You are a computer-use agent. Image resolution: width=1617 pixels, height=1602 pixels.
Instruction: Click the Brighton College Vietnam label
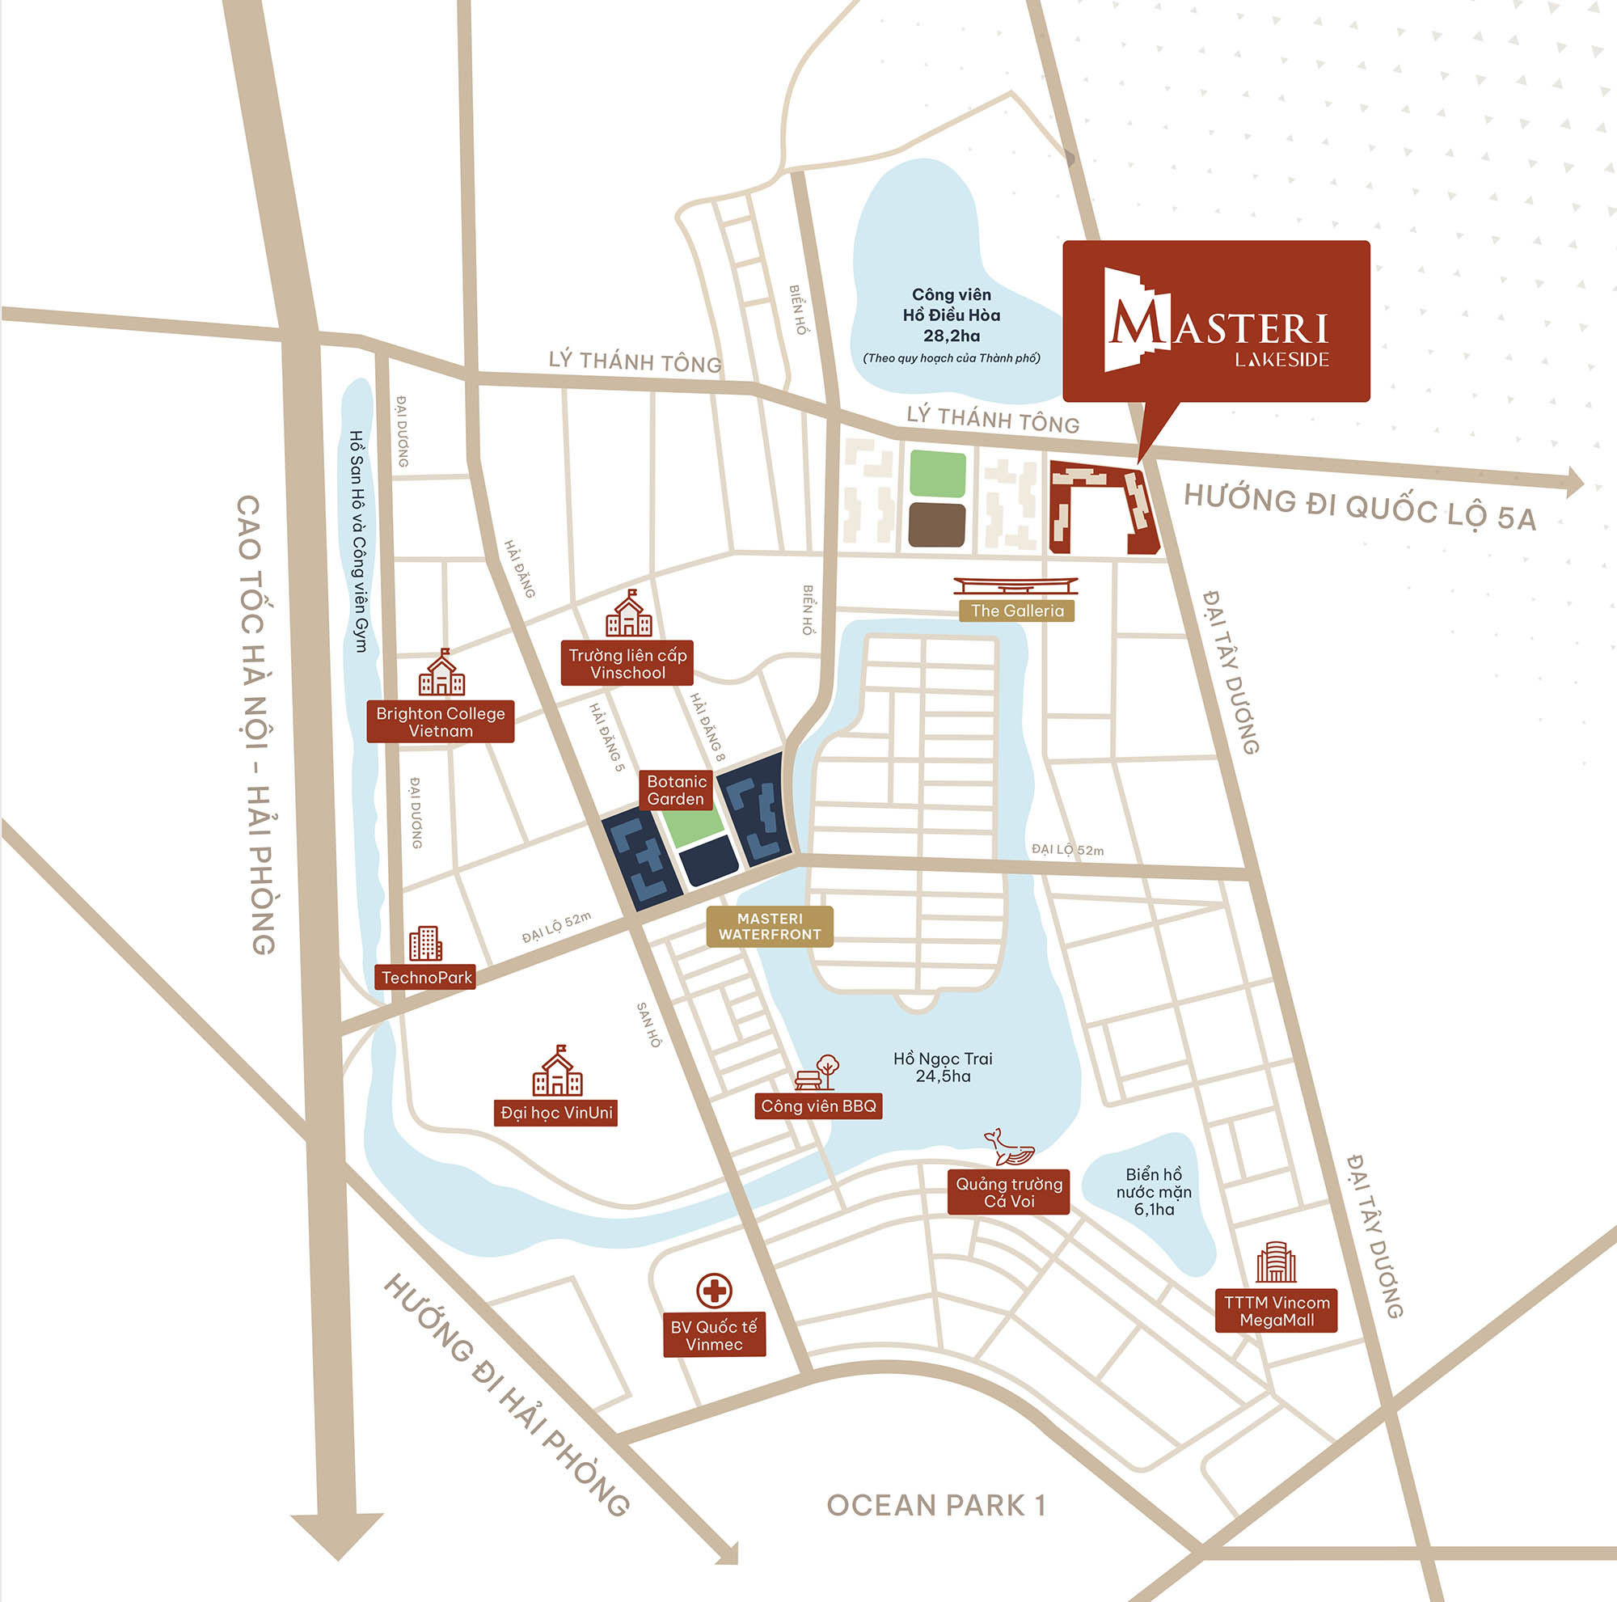(x=441, y=721)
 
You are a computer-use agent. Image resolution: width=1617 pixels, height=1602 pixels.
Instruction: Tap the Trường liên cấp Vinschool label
(x=627, y=664)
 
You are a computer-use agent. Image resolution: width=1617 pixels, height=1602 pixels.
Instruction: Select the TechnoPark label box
(x=425, y=977)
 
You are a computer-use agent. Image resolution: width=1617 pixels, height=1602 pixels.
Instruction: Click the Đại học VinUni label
(x=555, y=1113)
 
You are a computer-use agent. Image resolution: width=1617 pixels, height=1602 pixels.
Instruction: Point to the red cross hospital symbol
(x=714, y=1290)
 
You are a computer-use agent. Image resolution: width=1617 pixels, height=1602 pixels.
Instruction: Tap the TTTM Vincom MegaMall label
(x=1276, y=1311)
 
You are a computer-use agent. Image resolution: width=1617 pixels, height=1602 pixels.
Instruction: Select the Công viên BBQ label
(x=817, y=1105)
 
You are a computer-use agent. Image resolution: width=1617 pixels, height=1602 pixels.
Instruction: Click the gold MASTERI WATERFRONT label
(x=769, y=927)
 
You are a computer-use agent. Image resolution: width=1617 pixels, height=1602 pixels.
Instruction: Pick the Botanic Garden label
(x=676, y=790)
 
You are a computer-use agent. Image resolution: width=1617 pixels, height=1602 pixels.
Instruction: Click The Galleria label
(x=1016, y=611)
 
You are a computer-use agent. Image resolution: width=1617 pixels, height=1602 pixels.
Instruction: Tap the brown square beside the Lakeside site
(x=936, y=525)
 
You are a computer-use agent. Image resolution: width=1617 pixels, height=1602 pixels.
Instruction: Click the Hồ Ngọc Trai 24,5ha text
(x=943, y=1067)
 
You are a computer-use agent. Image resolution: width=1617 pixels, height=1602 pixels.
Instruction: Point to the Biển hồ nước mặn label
(x=1154, y=1192)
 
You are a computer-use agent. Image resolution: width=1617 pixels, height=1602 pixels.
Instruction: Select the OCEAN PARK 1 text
(x=935, y=1506)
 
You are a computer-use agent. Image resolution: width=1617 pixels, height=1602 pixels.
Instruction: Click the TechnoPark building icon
(x=425, y=943)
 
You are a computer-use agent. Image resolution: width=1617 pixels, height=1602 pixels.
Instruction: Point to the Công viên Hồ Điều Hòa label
(x=951, y=315)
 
